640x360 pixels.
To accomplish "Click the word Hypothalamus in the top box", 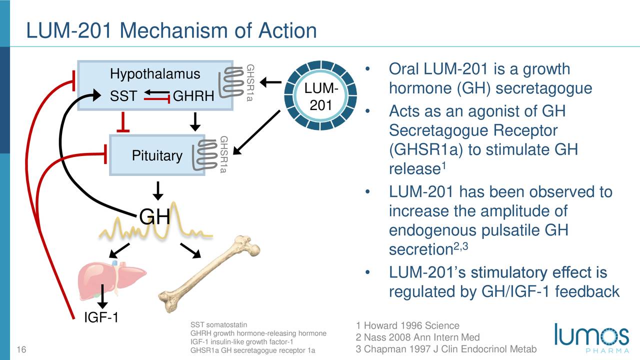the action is click(155, 74).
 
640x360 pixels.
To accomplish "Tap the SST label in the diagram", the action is click(123, 96).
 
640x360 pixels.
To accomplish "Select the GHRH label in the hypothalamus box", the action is click(193, 96).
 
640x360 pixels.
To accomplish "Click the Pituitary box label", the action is click(157, 155).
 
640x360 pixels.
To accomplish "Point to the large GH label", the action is click(154, 217).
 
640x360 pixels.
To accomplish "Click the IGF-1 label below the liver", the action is click(101, 317).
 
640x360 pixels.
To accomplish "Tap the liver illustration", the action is click(112, 280).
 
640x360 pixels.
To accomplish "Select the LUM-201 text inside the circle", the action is click(321, 96).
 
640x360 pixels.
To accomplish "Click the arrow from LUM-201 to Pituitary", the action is click(256, 132).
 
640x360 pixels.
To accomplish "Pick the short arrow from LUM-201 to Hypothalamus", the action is click(270, 82).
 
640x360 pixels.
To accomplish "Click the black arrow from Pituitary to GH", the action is click(157, 191).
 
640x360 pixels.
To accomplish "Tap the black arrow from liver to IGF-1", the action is click(102, 296).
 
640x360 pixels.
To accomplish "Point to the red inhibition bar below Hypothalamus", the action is click(123, 122).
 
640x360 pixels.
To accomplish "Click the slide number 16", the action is click(21, 349).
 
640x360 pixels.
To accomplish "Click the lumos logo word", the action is click(591, 334).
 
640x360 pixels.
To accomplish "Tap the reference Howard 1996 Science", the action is click(407, 325).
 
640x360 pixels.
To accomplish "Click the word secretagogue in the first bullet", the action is click(543, 88).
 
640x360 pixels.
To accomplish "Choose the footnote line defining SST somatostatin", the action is click(219, 324).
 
